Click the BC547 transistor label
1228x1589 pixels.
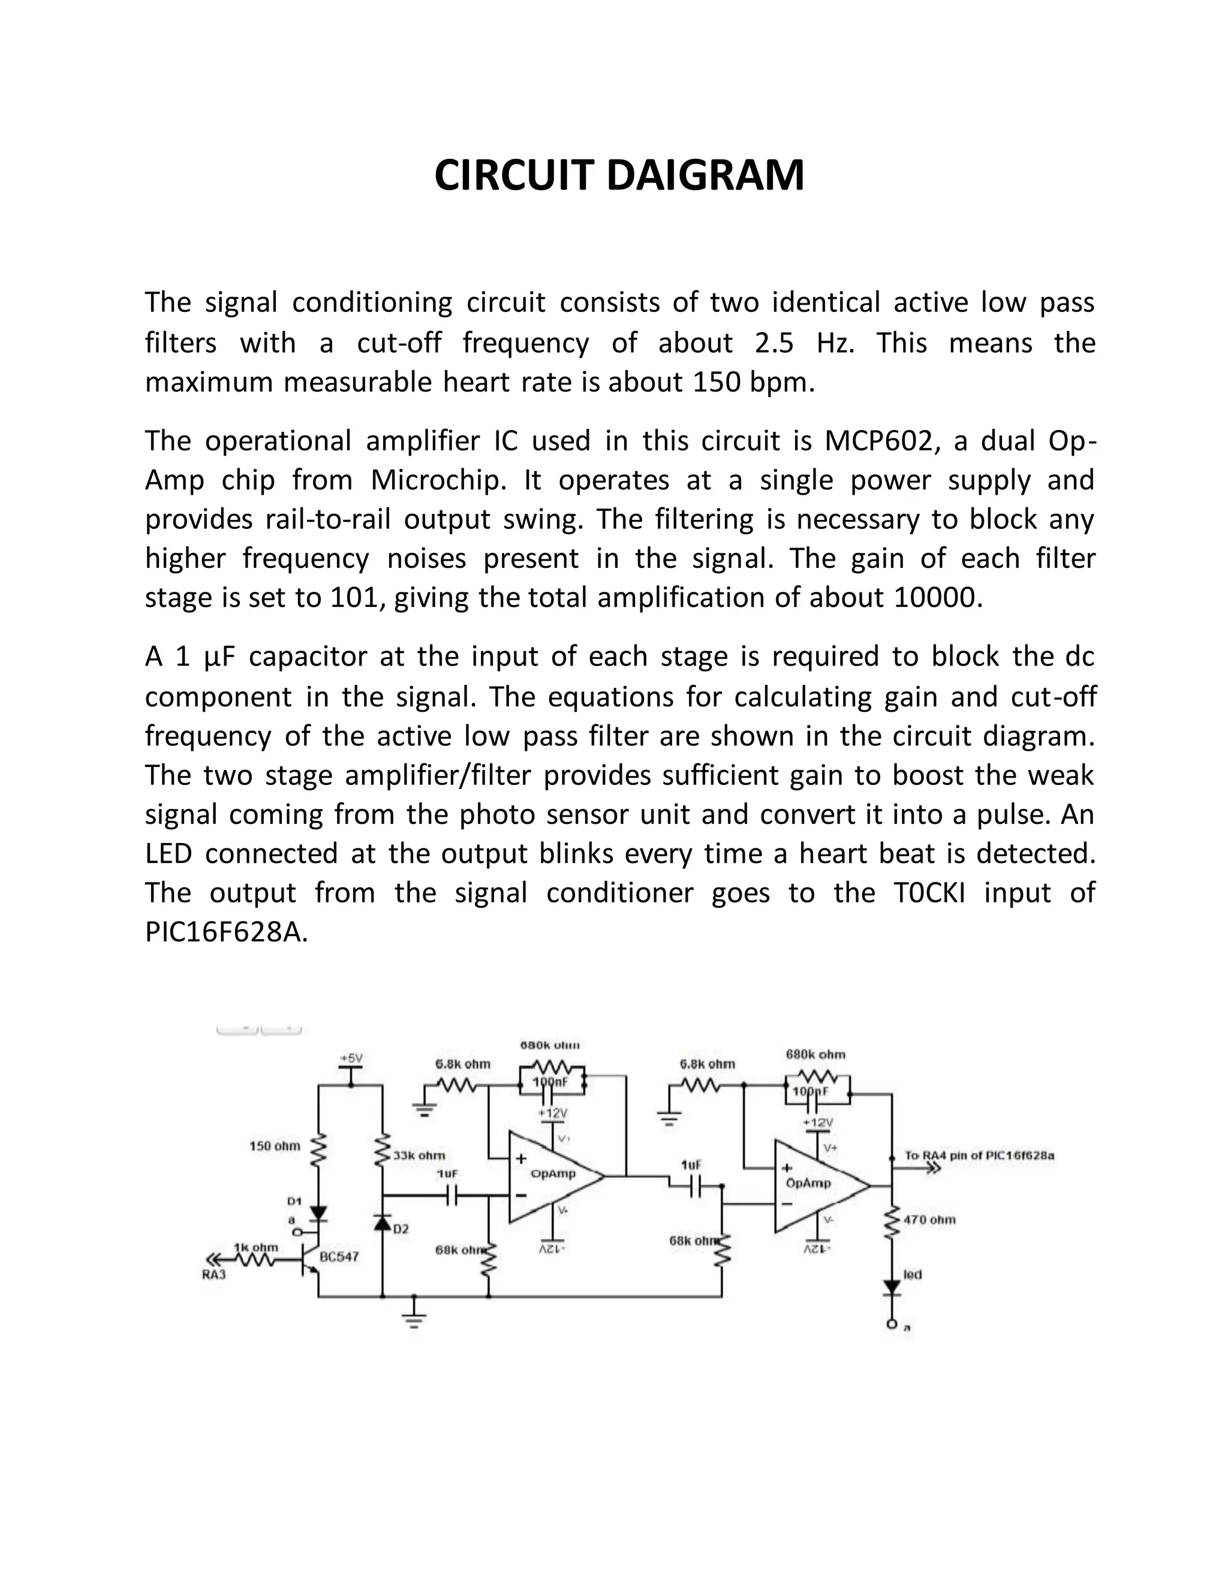(339, 1256)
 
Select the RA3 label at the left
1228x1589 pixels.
(214, 1275)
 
